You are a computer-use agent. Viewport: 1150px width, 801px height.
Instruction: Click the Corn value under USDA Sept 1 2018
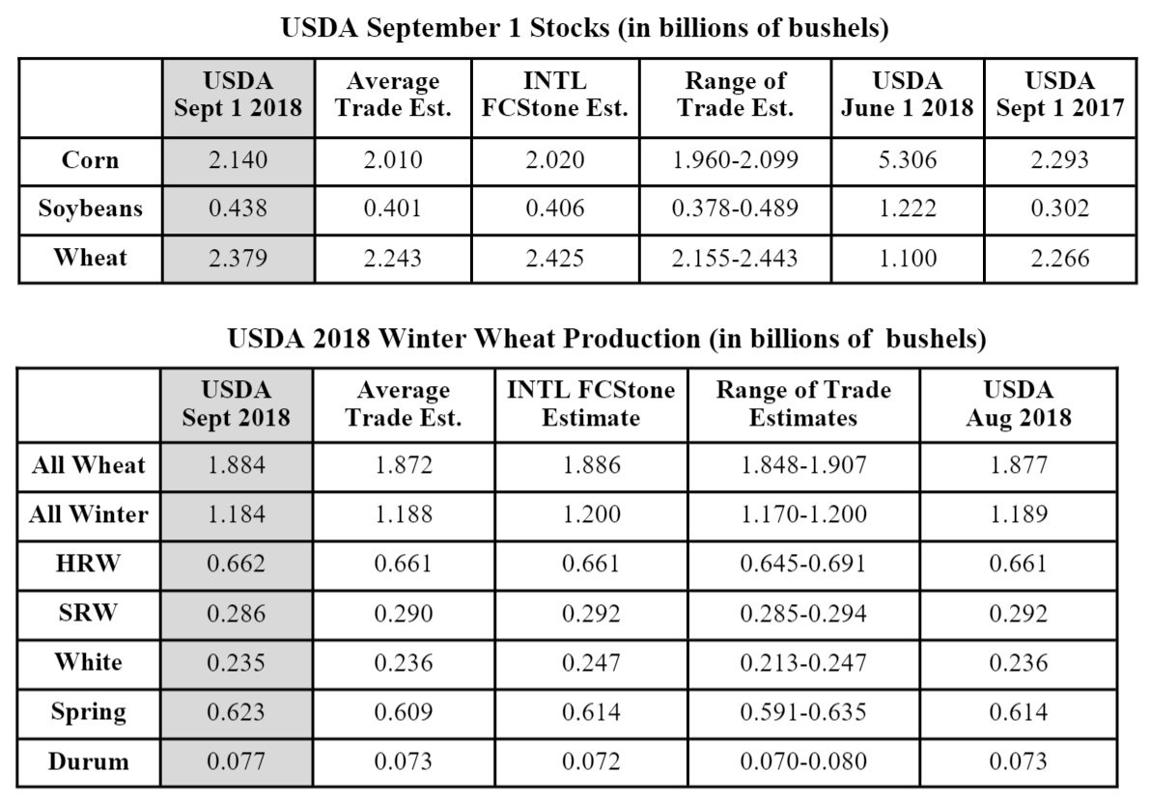pyautogui.click(x=238, y=160)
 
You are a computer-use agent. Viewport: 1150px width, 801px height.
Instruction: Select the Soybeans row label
pyautogui.click(x=90, y=209)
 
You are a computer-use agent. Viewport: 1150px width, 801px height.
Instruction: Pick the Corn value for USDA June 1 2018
pyautogui.click(x=906, y=160)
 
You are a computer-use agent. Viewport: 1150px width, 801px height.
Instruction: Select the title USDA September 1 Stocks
pyautogui.click(x=584, y=28)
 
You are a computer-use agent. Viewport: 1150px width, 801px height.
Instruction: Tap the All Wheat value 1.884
pyautogui.click(x=238, y=465)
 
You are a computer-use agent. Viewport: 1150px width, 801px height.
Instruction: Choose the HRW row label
pyautogui.click(x=88, y=564)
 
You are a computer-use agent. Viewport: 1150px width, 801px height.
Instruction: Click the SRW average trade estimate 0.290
pyautogui.click(x=404, y=614)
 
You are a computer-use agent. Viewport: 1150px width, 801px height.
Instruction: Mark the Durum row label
pyautogui.click(x=89, y=761)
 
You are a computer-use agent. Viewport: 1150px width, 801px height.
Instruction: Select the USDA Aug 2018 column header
pyautogui.click(x=1019, y=404)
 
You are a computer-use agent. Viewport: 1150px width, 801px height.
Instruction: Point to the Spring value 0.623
pyautogui.click(x=238, y=712)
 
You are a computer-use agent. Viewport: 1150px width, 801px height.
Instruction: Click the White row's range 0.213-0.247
pyautogui.click(x=803, y=663)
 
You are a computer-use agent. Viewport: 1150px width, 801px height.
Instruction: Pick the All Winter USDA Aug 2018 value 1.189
pyautogui.click(x=1019, y=514)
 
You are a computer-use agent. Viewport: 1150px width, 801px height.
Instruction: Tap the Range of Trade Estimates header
pyautogui.click(x=803, y=404)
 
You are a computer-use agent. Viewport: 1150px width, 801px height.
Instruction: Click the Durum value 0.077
pyautogui.click(x=238, y=761)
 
